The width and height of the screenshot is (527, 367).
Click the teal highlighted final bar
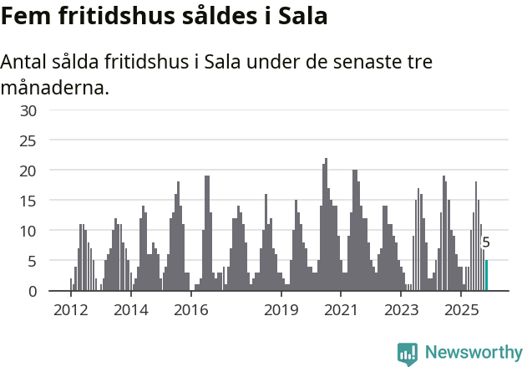pyautogui.click(x=486, y=276)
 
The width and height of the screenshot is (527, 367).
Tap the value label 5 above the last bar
pyautogui.click(x=486, y=243)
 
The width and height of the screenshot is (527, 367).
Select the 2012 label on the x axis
pyautogui.click(x=70, y=310)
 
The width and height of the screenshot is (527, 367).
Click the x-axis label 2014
pyautogui.click(x=131, y=310)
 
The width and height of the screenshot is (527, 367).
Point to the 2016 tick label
pyautogui.click(x=191, y=310)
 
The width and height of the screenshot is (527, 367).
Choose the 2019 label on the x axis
pyautogui.click(x=281, y=310)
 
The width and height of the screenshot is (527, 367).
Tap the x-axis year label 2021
pyautogui.click(x=342, y=310)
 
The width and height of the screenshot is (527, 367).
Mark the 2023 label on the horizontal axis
pyautogui.click(x=402, y=310)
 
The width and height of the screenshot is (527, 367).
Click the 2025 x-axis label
pyautogui.click(x=462, y=310)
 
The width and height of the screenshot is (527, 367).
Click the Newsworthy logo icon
pyautogui.click(x=408, y=354)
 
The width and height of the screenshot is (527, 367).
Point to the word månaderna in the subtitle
pyautogui.click(x=55, y=87)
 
